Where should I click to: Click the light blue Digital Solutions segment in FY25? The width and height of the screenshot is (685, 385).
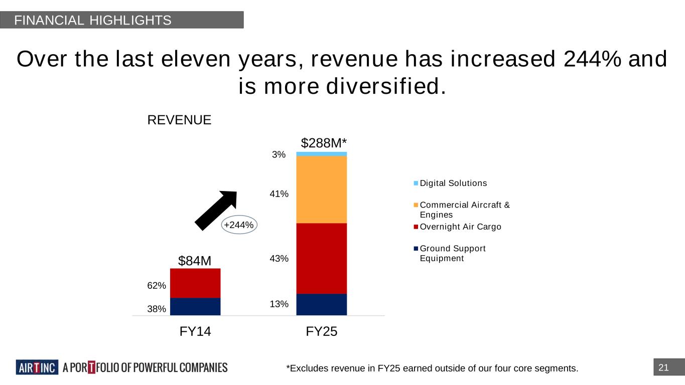pos(321,154)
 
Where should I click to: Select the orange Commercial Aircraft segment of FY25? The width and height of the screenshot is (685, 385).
pos(321,189)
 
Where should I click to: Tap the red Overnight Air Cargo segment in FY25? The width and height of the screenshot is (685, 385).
pos(321,258)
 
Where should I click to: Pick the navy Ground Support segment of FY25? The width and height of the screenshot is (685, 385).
pos(321,304)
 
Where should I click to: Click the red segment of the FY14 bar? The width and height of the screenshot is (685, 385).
pos(195,283)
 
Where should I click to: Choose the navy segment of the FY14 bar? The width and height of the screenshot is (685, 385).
pos(195,306)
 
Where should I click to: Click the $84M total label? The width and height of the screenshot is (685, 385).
pos(195,261)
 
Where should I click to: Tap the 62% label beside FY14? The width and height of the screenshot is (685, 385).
pos(157,286)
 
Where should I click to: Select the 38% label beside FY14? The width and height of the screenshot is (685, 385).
pos(157,309)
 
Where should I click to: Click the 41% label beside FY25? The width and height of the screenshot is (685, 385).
pos(279,194)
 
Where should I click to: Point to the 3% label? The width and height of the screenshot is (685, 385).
pos(279,155)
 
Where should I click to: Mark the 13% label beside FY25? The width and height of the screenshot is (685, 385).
pos(279,304)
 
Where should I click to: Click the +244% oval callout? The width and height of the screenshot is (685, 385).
pos(239,225)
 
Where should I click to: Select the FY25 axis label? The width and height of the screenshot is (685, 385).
pos(321,331)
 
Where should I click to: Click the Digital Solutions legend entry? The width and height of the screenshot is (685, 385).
pos(453,183)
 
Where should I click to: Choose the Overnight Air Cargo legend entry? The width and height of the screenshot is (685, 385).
pos(460,227)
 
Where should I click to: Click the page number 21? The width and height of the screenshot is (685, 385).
pos(663,368)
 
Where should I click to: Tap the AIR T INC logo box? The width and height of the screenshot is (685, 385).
pos(37,367)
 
